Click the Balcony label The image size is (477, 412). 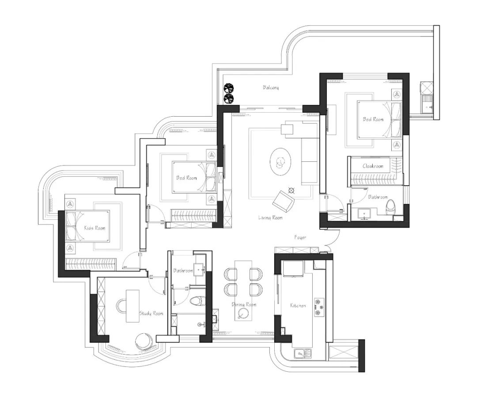click(x=271, y=88)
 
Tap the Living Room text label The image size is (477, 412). click(x=270, y=217)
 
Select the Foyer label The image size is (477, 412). click(x=300, y=237)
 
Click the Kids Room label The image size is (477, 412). click(x=95, y=228)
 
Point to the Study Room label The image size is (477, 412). click(x=151, y=313)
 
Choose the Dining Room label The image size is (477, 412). click(x=244, y=305)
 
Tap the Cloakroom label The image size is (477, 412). click(x=373, y=166)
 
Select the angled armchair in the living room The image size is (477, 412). click(x=283, y=201)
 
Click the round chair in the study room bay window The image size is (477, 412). click(x=144, y=341)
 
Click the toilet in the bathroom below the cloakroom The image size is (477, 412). click(x=390, y=207)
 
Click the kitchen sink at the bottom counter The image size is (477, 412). click(x=303, y=353)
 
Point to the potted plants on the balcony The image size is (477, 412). click(x=229, y=93)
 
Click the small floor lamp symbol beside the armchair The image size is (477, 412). click(x=291, y=190)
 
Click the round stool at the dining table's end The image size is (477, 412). click(x=242, y=314)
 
